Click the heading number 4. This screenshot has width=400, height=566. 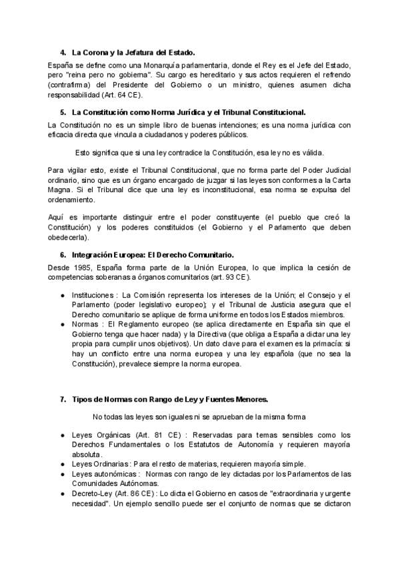click(x=63, y=52)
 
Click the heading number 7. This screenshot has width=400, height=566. click(x=63, y=400)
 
